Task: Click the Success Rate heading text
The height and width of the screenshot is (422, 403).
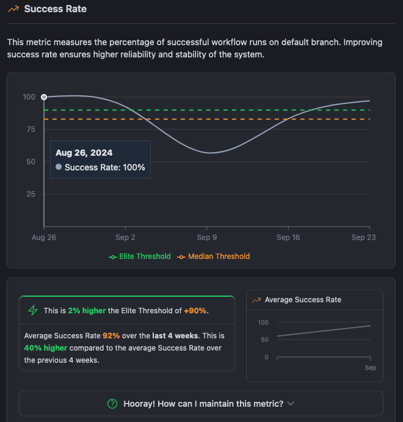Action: click(x=55, y=9)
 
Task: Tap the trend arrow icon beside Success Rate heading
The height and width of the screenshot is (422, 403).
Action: click(x=13, y=9)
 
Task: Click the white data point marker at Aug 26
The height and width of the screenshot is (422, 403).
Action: click(x=44, y=96)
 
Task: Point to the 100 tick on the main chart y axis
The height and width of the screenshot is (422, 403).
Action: click(x=29, y=96)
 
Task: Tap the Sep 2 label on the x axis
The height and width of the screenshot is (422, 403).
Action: click(x=125, y=238)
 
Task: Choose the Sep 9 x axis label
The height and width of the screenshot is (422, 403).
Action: click(x=206, y=238)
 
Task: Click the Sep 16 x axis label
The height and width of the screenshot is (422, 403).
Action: click(x=288, y=238)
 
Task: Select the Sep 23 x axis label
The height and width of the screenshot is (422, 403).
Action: click(x=363, y=238)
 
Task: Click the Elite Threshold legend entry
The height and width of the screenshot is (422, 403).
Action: click(x=140, y=256)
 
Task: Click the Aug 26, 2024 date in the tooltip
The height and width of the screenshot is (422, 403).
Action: click(x=84, y=153)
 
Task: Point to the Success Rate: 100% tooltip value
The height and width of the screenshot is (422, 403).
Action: click(x=104, y=167)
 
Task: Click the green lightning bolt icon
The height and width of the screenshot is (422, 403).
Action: click(x=33, y=310)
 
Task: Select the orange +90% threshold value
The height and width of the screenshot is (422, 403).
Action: click(x=196, y=311)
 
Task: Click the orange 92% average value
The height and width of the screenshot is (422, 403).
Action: click(x=111, y=336)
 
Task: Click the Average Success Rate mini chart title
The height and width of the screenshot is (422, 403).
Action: click(x=303, y=300)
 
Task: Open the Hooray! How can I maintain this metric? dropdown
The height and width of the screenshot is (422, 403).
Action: click(x=201, y=404)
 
